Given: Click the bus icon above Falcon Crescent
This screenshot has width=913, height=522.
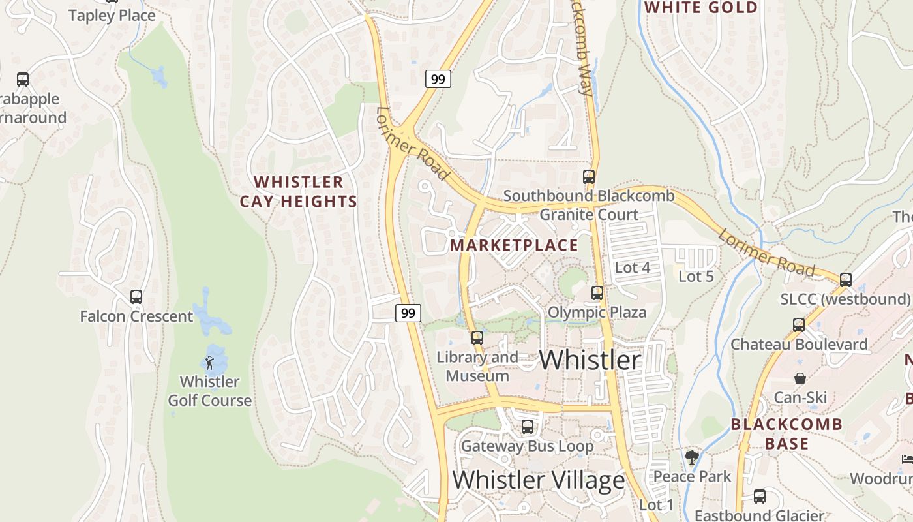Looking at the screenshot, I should (136, 297).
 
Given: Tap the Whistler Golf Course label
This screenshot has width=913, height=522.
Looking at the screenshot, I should (209, 391).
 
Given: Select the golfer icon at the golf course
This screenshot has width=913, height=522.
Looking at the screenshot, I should (209, 363).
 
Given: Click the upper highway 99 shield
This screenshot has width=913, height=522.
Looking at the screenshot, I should (438, 80).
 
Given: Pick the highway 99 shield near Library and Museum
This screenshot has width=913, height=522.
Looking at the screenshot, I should (408, 313).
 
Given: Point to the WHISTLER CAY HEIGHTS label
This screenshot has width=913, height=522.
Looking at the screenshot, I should (299, 192).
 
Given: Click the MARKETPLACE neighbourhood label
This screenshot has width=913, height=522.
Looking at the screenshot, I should (514, 245).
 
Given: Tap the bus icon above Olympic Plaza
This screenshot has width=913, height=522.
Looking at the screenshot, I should (597, 293).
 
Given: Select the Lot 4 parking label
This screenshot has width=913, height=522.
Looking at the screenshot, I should (633, 268).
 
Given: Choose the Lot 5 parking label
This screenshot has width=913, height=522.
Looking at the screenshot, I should (696, 276).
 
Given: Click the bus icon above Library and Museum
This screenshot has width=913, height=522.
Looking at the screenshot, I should (477, 338).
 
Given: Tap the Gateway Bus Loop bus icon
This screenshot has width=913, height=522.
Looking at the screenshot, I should (528, 427).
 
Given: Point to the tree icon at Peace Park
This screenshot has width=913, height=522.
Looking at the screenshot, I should (692, 457).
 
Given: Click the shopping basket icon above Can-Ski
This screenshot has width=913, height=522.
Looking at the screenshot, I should (800, 378).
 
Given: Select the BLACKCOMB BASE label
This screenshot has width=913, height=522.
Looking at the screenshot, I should (786, 434).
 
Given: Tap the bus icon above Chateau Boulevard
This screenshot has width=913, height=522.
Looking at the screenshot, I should (799, 325).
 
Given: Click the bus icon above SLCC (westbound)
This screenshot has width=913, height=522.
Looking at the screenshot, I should (846, 280).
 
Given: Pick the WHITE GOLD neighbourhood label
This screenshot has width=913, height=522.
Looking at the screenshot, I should (701, 8).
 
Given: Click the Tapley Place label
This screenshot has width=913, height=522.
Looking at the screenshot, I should (112, 16).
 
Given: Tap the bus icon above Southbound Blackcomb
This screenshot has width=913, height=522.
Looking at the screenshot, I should (589, 177).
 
